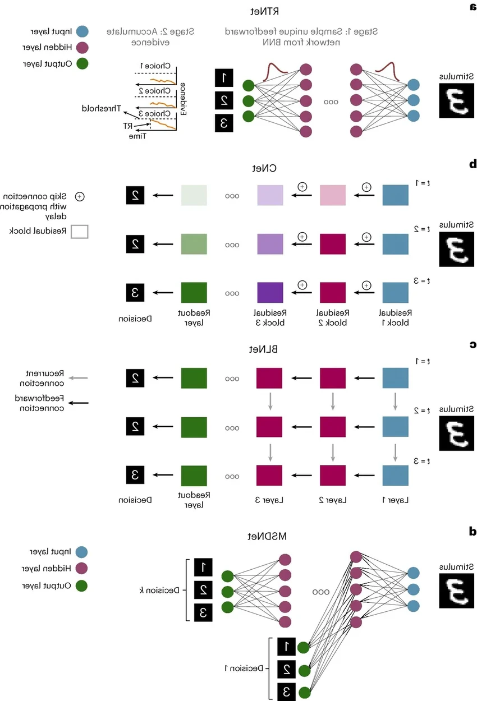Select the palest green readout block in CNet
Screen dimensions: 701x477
click(x=194, y=195)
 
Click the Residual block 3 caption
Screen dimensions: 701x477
click(x=270, y=318)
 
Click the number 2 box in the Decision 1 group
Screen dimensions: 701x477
click(x=286, y=668)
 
